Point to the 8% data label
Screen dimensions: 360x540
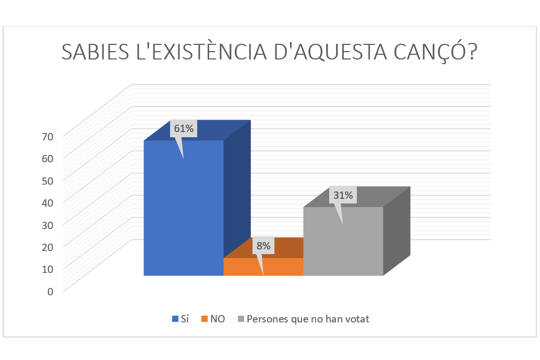click(x=263, y=246)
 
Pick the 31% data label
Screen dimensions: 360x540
click(x=343, y=196)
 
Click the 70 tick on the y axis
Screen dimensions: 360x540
click(x=47, y=137)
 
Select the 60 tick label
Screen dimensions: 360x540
click(x=47, y=159)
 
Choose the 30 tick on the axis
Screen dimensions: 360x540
click(x=47, y=225)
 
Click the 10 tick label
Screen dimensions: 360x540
click(x=47, y=269)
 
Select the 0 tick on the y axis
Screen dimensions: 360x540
click(x=50, y=291)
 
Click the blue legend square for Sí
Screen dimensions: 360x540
click(x=174, y=319)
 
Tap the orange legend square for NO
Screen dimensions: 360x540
click(x=205, y=319)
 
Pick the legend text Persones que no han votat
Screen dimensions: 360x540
click(x=308, y=319)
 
